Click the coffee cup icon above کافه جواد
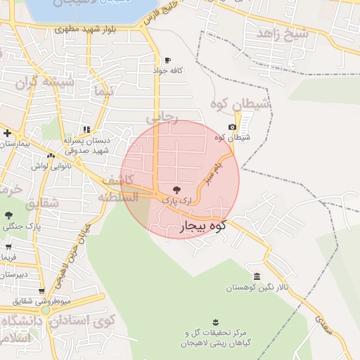[x=167, y=60]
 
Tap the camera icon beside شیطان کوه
[x=232, y=127]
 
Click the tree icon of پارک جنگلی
[x=8, y=216]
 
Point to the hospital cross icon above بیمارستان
[x=7, y=133]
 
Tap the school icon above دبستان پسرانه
[x=86, y=129]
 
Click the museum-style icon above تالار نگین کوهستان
[x=257, y=276]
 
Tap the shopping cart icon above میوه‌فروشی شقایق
[x=41, y=291]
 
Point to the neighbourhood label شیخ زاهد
[x=282, y=33]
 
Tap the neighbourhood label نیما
[x=102, y=92]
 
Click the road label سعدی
[x=324, y=326]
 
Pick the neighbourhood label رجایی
[x=167, y=117]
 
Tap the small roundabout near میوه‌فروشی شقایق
[x=45, y=309]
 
